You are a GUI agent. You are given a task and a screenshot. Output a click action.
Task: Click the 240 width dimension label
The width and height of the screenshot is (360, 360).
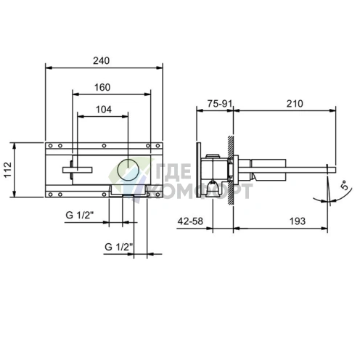click(102, 60)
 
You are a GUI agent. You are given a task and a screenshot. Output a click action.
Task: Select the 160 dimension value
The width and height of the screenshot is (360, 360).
click(102, 87)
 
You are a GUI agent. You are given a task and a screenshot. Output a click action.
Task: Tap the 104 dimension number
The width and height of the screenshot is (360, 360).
click(104, 110)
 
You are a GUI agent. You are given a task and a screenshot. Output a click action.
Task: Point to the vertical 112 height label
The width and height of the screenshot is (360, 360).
click(8, 170)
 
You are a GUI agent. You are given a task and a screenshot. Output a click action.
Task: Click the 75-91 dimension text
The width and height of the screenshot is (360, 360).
click(220, 104)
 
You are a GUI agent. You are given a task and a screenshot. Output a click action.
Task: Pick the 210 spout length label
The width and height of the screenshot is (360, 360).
click(295, 104)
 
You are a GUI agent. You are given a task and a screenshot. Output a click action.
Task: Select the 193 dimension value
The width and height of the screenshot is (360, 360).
click(298, 221)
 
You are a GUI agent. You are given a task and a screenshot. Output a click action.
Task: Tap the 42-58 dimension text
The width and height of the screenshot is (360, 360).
click(190, 221)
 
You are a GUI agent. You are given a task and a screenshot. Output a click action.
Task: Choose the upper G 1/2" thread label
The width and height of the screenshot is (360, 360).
click(80, 215)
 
